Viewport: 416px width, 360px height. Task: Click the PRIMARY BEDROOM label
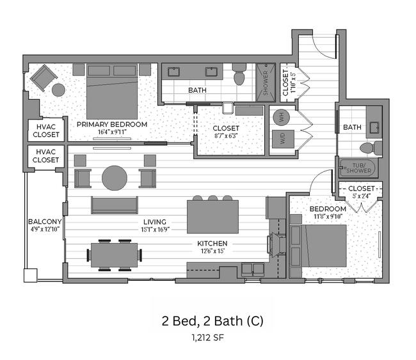click(x=112, y=124)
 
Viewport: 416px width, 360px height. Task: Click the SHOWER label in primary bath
click(x=266, y=82)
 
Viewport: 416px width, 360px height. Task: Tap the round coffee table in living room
click(x=115, y=177)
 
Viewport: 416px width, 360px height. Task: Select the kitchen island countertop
click(x=212, y=217)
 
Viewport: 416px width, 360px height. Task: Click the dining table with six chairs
click(x=115, y=254)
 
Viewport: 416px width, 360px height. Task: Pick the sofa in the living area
click(x=115, y=205)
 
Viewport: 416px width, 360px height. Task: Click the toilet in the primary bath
click(x=239, y=76)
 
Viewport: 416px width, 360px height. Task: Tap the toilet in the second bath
click(x=368, y=148)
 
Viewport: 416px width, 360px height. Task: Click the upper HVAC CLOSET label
click(x=45, y=131)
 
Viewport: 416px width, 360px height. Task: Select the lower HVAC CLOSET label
click(x=45, y=156)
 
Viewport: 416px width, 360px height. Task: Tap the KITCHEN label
click(x=212, y=244)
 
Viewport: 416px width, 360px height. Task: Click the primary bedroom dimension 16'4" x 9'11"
click(x=112, y=132)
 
